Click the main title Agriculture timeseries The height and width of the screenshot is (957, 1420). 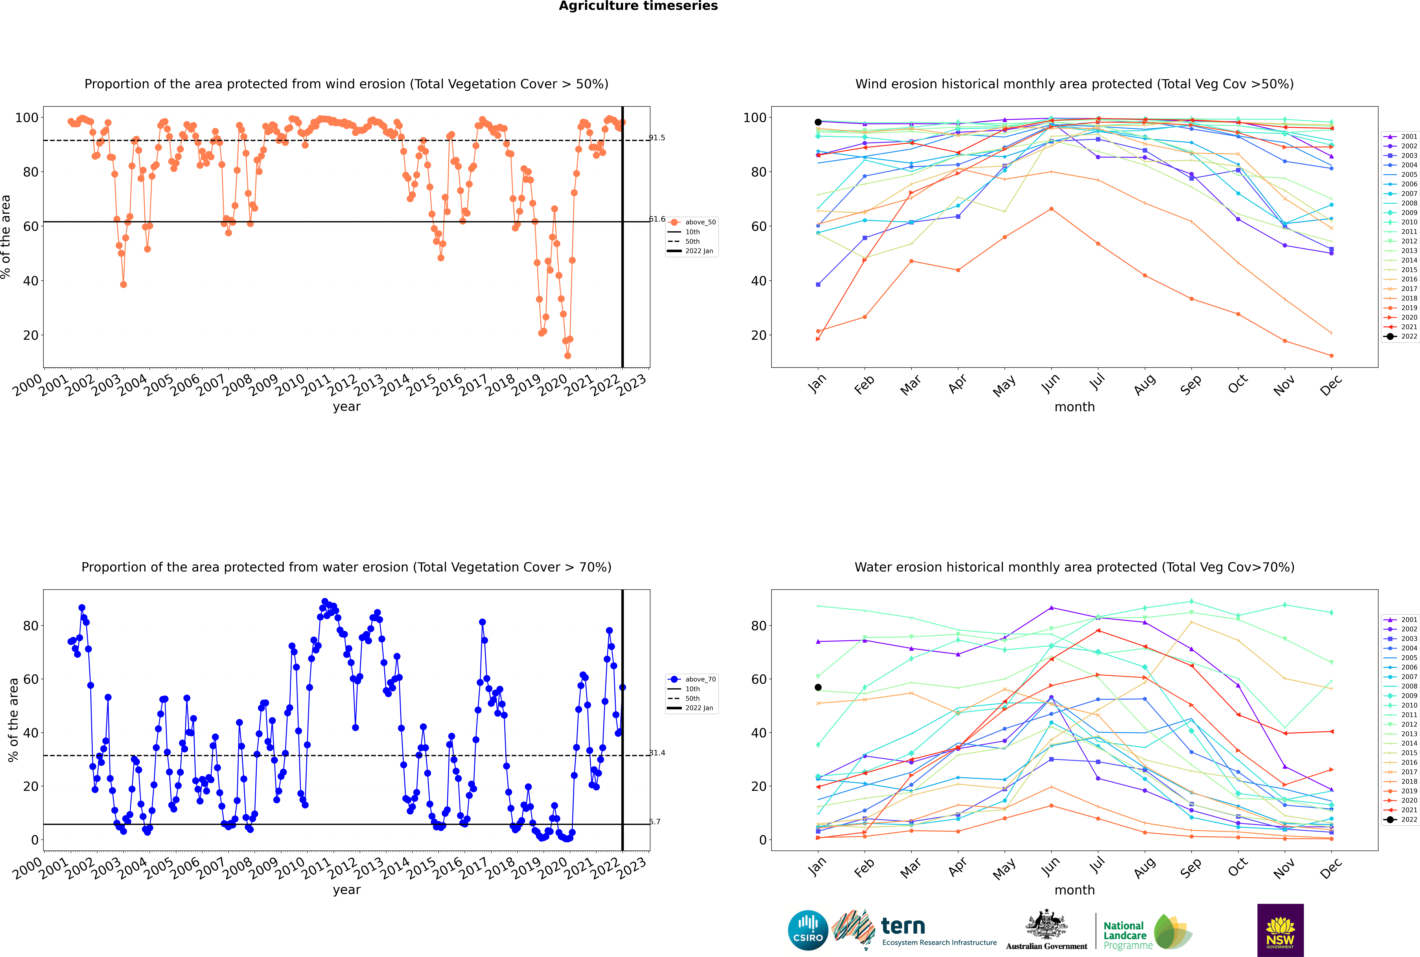638,6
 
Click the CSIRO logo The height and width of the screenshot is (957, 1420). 808,930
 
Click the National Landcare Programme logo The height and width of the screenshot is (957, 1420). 1147,932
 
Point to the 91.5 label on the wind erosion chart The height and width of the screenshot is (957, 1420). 657,138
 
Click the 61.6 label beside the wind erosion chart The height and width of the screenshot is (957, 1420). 657,219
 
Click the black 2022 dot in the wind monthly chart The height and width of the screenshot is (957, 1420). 818,122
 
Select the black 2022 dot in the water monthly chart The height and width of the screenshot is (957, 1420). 818,687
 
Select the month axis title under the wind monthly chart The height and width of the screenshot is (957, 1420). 1074,407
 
